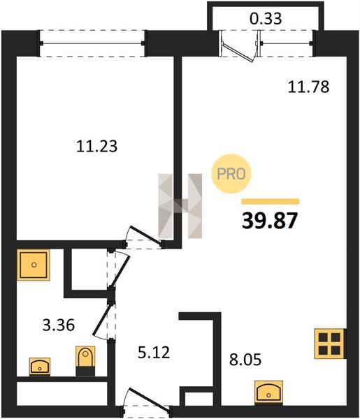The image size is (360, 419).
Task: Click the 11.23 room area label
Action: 97,147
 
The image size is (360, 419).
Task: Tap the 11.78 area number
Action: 308,87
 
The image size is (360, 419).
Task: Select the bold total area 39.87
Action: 270,221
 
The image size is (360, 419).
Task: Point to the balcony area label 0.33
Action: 266,19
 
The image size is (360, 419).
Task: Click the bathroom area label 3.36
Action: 59,325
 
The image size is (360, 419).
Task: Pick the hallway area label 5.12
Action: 154,353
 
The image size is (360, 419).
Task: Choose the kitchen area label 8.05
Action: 245,360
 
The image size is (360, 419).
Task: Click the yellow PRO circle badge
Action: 231,174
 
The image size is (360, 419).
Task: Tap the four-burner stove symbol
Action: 329,344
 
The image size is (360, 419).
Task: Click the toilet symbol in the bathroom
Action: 85,360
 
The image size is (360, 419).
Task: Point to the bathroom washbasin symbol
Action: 40,366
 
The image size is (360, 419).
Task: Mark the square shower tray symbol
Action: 34,265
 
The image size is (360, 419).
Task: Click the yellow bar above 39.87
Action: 270,202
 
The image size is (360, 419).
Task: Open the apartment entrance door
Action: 147,400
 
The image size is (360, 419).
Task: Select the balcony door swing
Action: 238,52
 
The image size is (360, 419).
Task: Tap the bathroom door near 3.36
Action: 102,320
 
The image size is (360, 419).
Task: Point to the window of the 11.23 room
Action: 92,43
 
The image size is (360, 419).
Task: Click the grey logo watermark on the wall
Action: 180,206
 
